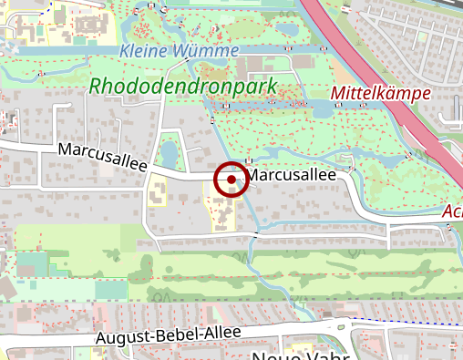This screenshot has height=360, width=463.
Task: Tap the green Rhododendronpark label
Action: (182, 86)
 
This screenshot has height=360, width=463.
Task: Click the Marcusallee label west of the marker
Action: (102, 157)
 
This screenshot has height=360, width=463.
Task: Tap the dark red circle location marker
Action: (231, 180)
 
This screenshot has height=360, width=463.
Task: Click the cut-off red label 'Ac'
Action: (452, 212)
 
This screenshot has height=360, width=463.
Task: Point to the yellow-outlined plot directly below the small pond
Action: (157, 192)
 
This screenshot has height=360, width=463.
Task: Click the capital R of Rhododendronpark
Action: (97, 87)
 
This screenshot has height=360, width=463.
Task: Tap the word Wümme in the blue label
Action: (213, 51)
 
